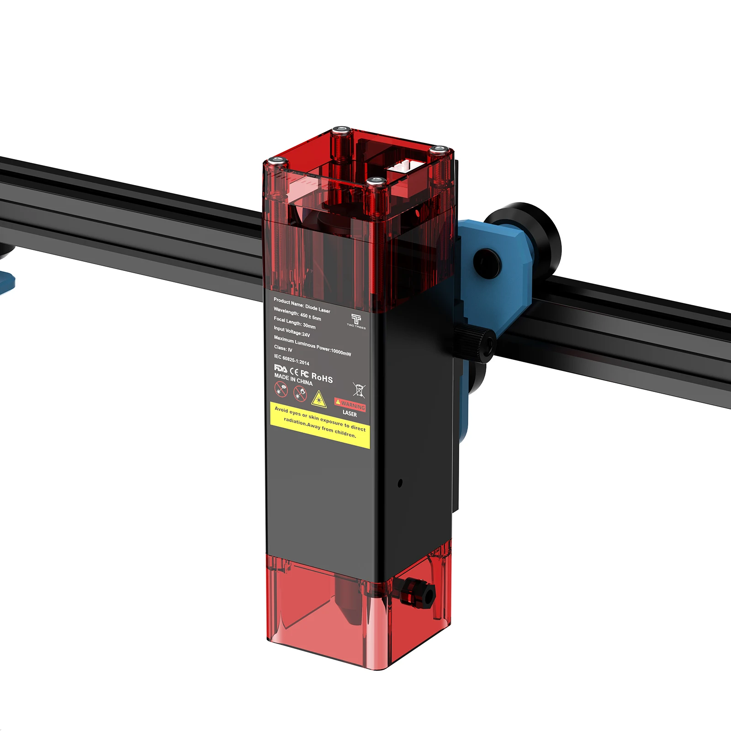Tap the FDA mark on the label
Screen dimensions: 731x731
[x=281, y=368]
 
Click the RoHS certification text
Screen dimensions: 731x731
[x=322, y=377]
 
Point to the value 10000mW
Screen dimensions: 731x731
[x=341, y=351]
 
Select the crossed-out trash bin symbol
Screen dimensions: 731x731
[x=359, y=389]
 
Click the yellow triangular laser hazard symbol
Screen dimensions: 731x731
[x=318, y=399]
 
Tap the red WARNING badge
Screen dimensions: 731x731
[x=350, y=404]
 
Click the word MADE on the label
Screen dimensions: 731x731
[x=281, y=376]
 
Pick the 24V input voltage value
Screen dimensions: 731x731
[x=306, y=334]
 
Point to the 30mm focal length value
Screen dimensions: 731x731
[x=309, y=326]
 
